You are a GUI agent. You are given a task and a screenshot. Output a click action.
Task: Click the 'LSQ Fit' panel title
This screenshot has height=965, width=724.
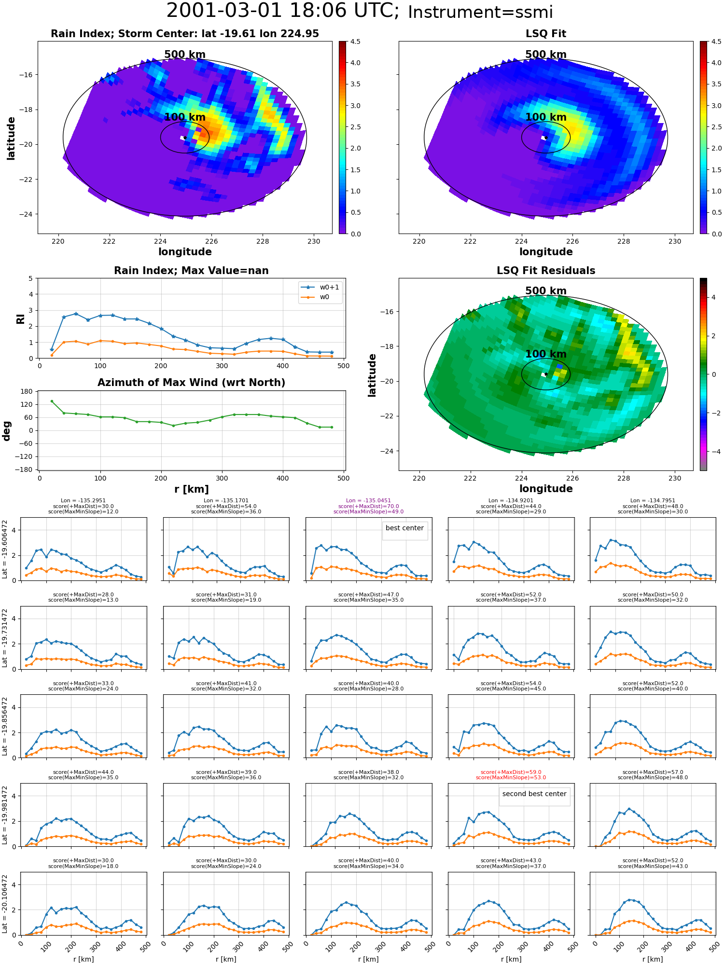pyautogui.click(x=545, y=34)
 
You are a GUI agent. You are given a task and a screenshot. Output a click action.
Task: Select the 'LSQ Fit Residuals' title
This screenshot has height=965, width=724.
pyautogui.click(x=546, y=271)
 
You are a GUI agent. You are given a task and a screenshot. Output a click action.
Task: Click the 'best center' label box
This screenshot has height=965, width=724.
pyautogui.click(x=404, y=528)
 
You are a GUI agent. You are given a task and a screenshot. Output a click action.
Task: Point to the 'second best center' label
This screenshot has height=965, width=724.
pyautogui.click(x=534, y=794)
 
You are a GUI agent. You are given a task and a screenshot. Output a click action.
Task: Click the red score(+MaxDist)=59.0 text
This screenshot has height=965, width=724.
pyautogui.click(x=511, y=772)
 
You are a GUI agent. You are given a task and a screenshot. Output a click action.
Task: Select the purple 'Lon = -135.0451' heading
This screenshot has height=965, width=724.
pyautogui.click(x=368, y=501)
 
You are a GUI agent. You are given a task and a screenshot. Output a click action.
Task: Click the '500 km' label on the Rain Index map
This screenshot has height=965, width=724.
pyautogui.click(x=185, y=55)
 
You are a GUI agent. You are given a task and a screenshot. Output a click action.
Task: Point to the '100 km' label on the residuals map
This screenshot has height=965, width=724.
pyautogui.click(x=546, y=354)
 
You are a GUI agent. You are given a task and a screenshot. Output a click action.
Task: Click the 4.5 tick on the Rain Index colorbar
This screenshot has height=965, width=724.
pyautogui.click(x=355, y=42)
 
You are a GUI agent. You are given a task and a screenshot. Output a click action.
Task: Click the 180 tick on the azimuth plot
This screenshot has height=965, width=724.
pyautogui.click(x=28, y=391)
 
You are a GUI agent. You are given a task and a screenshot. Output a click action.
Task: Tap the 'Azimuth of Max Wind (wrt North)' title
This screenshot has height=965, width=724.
pyautogui.click(x=191, y=383)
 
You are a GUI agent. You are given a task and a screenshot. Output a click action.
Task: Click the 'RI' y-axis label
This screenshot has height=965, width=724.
pyautogui.click(x=20, y=318)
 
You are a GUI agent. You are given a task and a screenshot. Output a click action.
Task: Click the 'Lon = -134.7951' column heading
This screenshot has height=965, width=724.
pyautogui.click(x=653, y=501)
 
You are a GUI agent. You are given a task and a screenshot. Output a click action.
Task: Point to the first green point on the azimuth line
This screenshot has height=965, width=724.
pyautogui.click(x=52, y=401)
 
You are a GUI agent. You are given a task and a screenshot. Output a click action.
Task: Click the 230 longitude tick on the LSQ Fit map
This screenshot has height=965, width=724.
pyautogui.click(x=674, y=241)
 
